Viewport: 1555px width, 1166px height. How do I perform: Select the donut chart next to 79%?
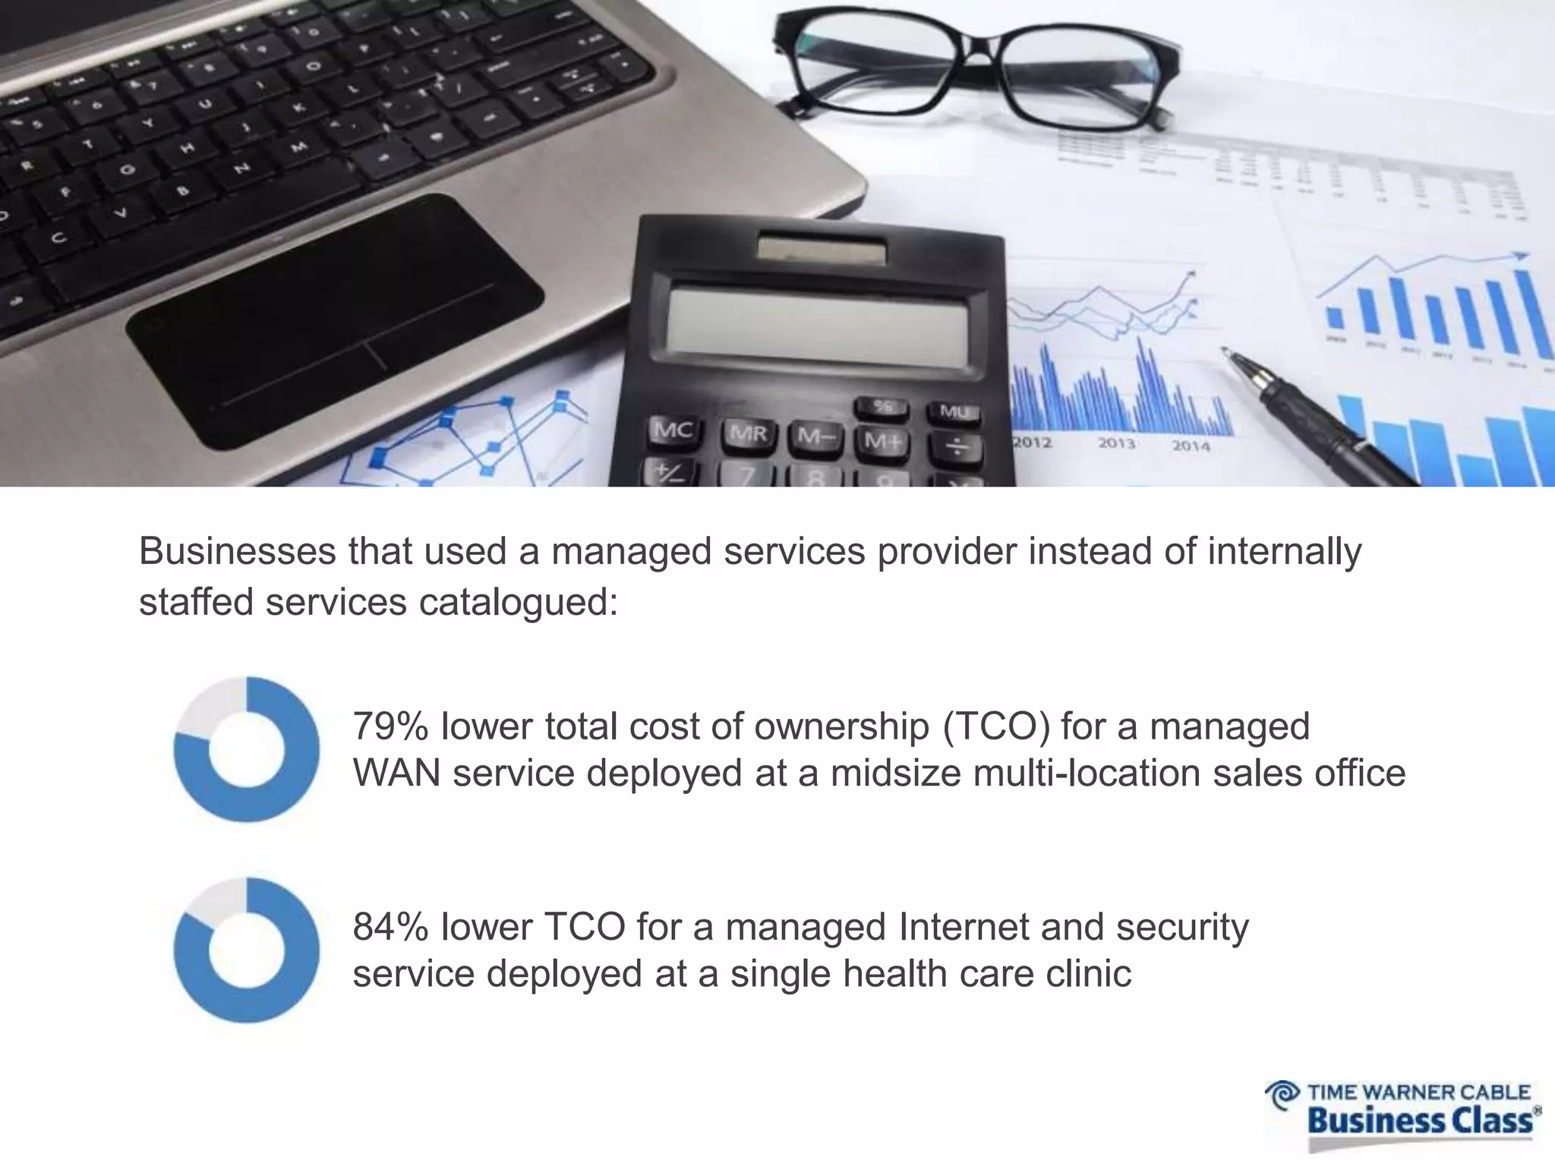click(247, 749)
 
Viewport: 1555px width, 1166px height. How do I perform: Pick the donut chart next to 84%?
click(247, 950)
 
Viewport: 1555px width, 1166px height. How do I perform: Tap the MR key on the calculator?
click(748, 434)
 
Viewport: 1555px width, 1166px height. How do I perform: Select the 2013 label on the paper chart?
click(1116, 443)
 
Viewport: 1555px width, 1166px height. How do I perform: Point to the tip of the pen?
click(1224, 351)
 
